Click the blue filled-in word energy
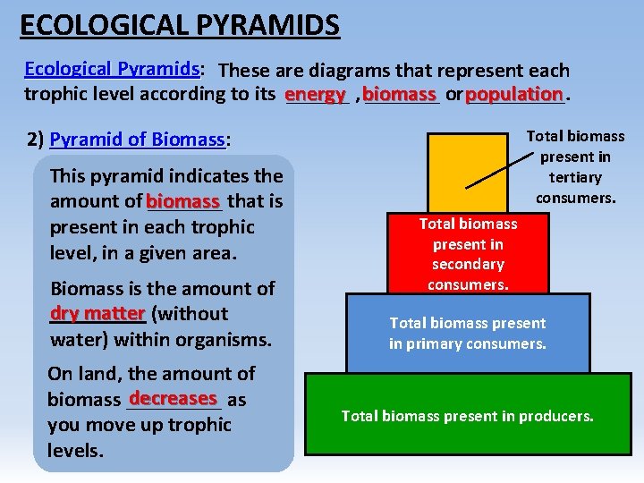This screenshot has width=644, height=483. click(315, 94)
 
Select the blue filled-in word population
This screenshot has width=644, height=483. click(513, 94)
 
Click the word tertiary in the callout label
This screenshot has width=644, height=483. click(575, 177)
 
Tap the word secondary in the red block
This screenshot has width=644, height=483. click(468, 264)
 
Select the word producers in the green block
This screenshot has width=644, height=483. click(558, 416)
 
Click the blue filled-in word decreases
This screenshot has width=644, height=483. click(174, 398)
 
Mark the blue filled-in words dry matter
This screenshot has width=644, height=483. click(97, 313)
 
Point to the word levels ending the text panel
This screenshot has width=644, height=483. click(75, 450)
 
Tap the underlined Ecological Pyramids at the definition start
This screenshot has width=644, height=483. click(111, 69)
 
